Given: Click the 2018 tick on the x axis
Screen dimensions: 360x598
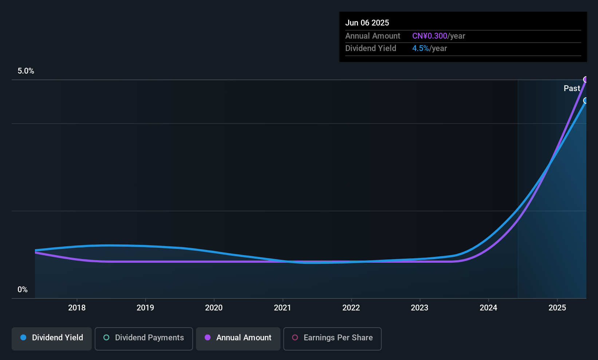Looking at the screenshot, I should [x=77, y=308].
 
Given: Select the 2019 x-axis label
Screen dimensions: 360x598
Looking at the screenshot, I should [x=145, y=308].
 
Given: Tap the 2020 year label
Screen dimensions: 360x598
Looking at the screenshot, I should [x=214, y=308].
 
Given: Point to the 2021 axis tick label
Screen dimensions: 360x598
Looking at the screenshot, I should [x=283, y=308].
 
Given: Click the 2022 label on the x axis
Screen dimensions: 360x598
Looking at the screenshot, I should [x=351, y=308].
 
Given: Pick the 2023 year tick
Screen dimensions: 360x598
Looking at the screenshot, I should [x=420, y=308].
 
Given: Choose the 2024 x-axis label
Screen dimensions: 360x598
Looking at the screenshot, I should [x=488, y=308].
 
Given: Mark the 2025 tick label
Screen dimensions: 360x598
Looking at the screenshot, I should [x=557, y=308].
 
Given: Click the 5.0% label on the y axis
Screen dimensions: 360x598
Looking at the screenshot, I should [x=26, y=71].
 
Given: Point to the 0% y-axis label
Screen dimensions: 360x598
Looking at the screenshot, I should [x=23, y=290].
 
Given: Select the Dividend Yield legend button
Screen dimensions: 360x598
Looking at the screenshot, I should [x=52, y=338].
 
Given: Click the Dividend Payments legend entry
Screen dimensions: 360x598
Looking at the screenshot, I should [x=144, y=338].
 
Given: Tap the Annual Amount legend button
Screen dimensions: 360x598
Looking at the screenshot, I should [x=238, y=338].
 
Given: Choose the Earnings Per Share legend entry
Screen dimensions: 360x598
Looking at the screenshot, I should [x=333, y=338].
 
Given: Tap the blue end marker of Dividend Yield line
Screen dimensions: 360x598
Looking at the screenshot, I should [x=586, y=101].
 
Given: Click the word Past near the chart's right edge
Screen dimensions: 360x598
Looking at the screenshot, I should [x=572, y=89].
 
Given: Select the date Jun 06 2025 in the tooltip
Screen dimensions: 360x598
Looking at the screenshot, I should [x=367, y=23].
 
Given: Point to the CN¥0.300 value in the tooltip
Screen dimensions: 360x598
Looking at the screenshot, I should [x=430, y=36].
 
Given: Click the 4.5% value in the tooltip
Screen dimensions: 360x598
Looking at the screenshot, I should [x=420, y=48].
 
